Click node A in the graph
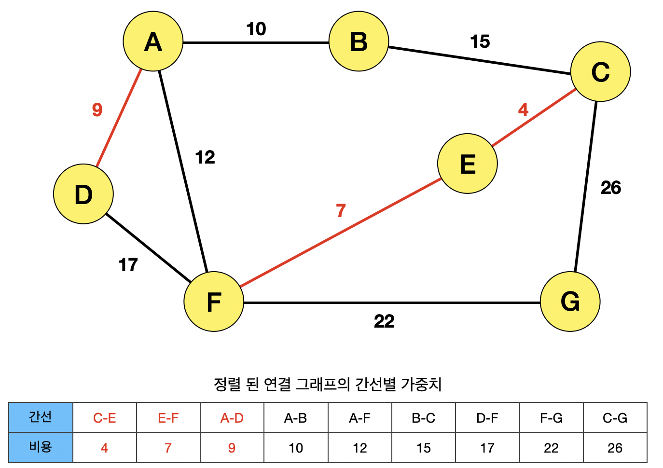(153, 41)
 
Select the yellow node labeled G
(570, 302)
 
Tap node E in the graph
(467, 164)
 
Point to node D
(83, 194)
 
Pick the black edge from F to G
(392, 303)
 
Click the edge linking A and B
(256, 42)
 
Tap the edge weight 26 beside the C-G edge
(610, 188)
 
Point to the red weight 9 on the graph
(97, 110)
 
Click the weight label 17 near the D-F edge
(128, 265)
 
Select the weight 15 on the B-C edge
(480, 41)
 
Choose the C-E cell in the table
(105, 418)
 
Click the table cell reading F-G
(551, 418)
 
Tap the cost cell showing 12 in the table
(360, 448)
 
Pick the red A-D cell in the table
(232, 418)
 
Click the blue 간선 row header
(41, 417)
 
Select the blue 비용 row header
(41, 448)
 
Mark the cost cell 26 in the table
(615, 448)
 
